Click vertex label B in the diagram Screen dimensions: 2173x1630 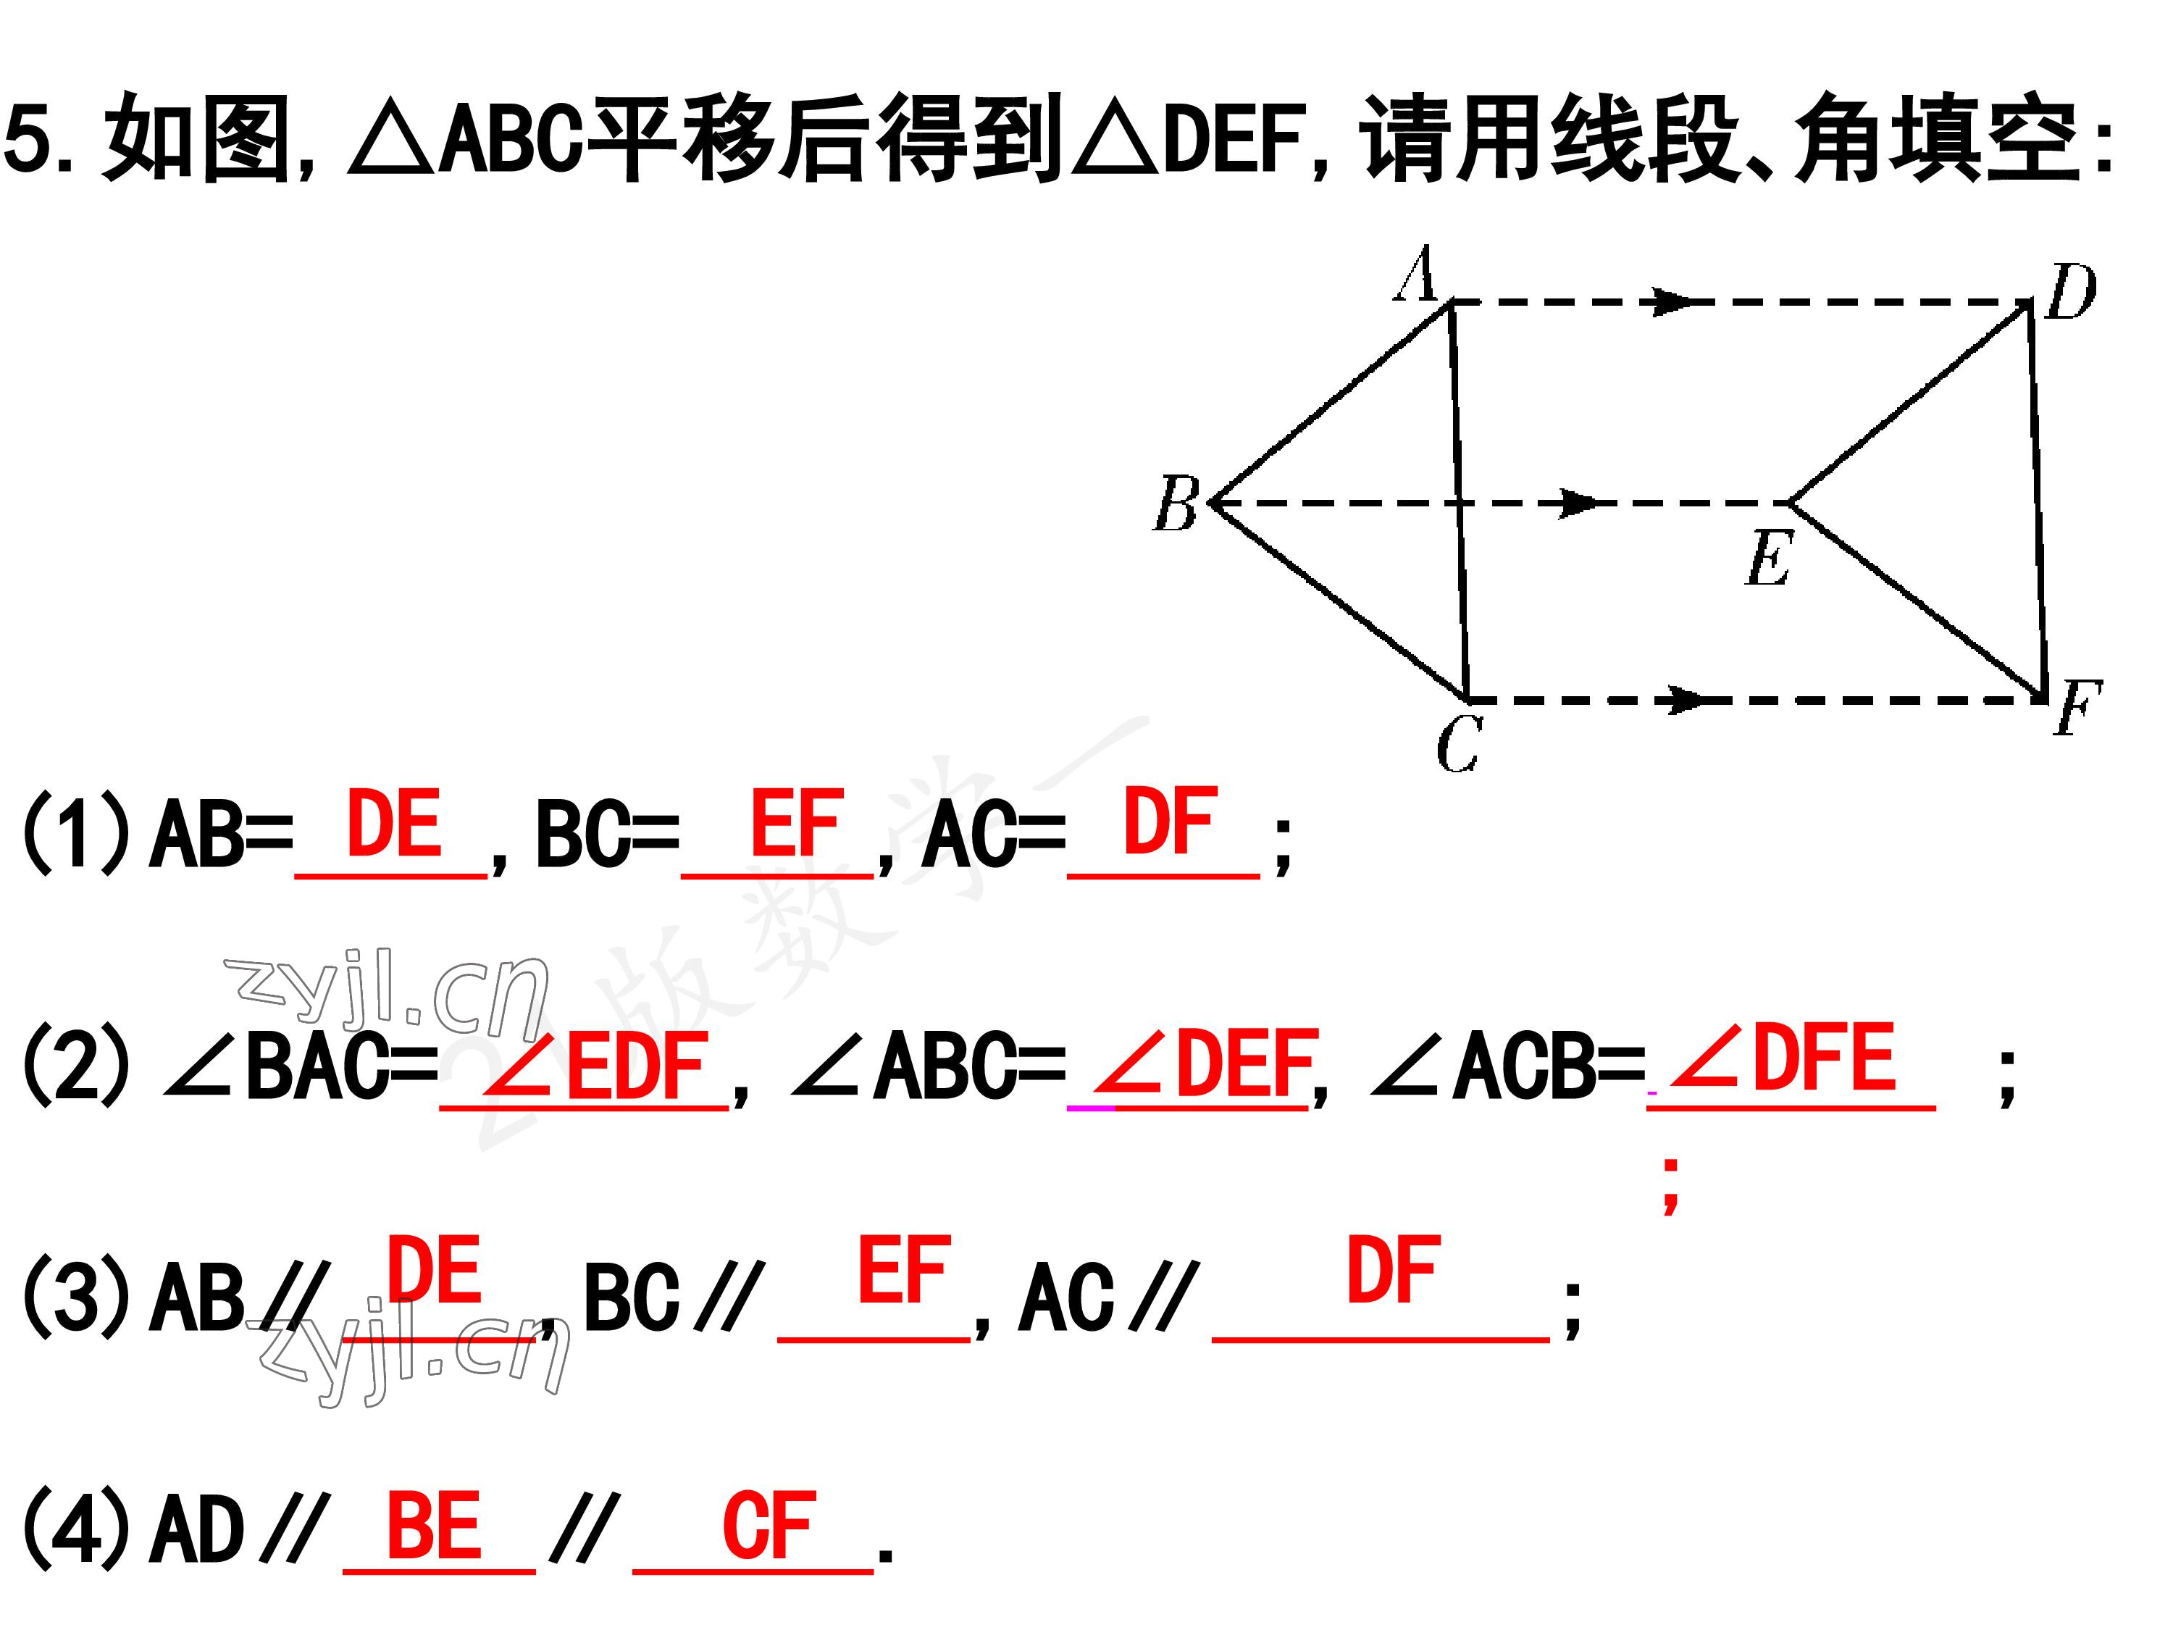pos(1175,504)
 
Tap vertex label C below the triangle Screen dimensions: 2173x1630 pos(1458,744)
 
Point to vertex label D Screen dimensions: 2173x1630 pos(2070,292)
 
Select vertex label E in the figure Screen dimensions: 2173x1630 pos(1770,558)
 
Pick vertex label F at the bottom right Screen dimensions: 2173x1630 pos(2077,709)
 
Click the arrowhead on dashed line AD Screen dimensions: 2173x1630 pos(1676,301)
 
